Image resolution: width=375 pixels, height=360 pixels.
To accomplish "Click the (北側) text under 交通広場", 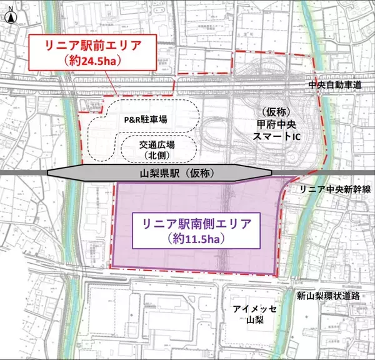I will (157, 154).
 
